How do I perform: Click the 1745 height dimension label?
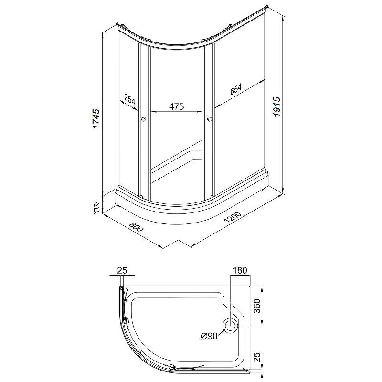click(x=96, y=119)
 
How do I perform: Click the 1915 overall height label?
click(x=276, y=106)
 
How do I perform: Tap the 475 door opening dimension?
click(x=176, y=106)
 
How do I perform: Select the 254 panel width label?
click(x=129, y=99)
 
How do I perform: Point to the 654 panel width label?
click(x=236, y=89)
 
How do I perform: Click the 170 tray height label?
click(x=96, y=208)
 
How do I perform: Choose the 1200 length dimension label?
click(x=233, y=217)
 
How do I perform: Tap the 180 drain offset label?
click(x=240, y=270)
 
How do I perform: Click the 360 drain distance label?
click(x=257, y=306)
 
